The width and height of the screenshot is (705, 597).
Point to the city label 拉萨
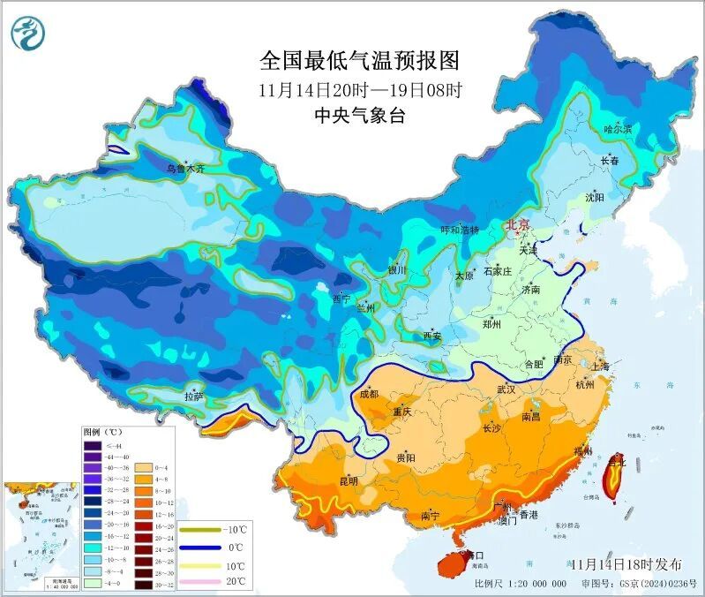pos(194,397)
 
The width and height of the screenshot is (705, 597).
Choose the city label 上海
pos(600,367)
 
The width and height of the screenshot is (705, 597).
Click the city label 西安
pos(431,336)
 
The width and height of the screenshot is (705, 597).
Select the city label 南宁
pos(431,515)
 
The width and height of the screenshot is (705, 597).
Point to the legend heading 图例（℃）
pos(102,433)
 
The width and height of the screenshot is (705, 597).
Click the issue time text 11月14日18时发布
pos(626,564)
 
